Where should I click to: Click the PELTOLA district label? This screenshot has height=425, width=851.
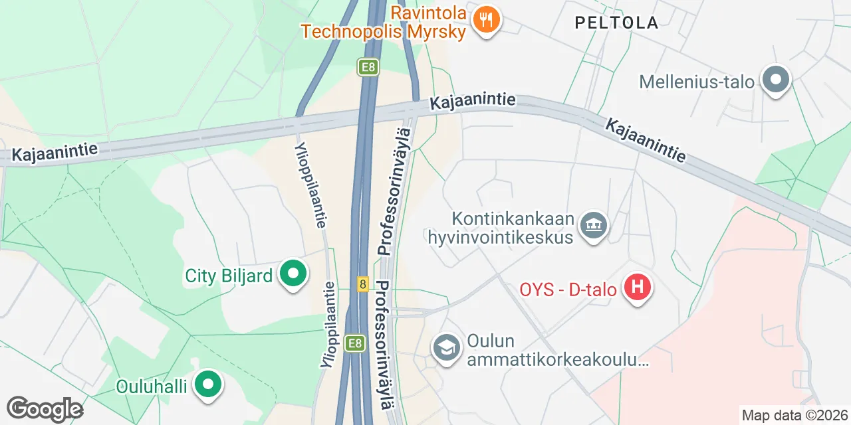coord(616,23)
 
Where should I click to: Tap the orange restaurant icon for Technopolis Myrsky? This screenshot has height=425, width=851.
coord(486,19)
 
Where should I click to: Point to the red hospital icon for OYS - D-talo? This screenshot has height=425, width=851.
coord(638,288)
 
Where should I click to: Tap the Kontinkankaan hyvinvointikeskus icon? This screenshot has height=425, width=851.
coord(594,226)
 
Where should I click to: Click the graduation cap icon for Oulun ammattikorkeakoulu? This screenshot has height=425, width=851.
coord(447,347)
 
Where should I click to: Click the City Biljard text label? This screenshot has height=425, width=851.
coord(229,275)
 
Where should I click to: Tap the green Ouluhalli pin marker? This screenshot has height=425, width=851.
coord(208,384)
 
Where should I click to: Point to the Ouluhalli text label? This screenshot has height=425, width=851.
coord(152,386)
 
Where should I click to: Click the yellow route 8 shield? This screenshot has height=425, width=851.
coord(362,283)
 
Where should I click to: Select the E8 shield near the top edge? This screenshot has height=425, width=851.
coord(368,66)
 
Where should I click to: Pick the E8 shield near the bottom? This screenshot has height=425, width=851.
coord(356,343)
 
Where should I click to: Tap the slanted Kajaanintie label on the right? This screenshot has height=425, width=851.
coord(645,140)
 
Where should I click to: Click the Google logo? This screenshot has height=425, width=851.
coord(45,408)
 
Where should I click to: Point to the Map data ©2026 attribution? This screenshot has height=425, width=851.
coord(794,416)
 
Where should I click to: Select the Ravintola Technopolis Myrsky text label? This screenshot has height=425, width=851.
coord(384,21)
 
